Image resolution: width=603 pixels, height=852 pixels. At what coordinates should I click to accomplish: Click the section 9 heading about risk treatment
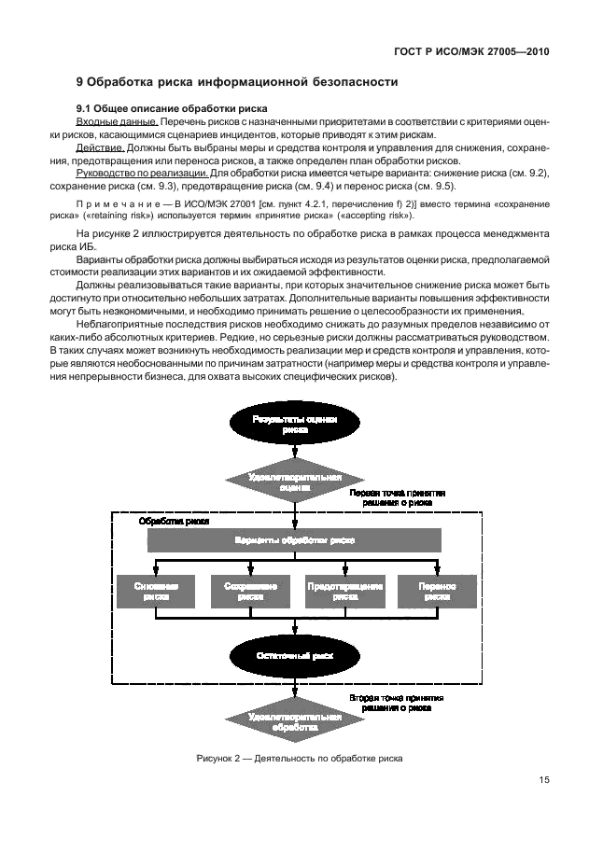tap(236, 82)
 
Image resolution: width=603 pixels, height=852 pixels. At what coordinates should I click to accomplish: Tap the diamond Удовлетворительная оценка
tap(295, 480)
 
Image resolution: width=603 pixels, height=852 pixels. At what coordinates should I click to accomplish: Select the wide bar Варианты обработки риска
tap(294, 540)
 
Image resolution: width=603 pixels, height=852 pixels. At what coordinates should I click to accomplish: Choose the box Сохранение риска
tap(245, 591)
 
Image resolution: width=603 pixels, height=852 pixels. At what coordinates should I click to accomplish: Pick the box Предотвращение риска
tap(345, 591)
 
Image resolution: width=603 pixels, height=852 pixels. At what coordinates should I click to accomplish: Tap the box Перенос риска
tap(437, 591)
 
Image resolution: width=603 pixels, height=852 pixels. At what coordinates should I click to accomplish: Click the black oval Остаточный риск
tap(295, 655)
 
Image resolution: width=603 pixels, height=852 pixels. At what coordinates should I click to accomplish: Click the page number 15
tap(543, 782)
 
